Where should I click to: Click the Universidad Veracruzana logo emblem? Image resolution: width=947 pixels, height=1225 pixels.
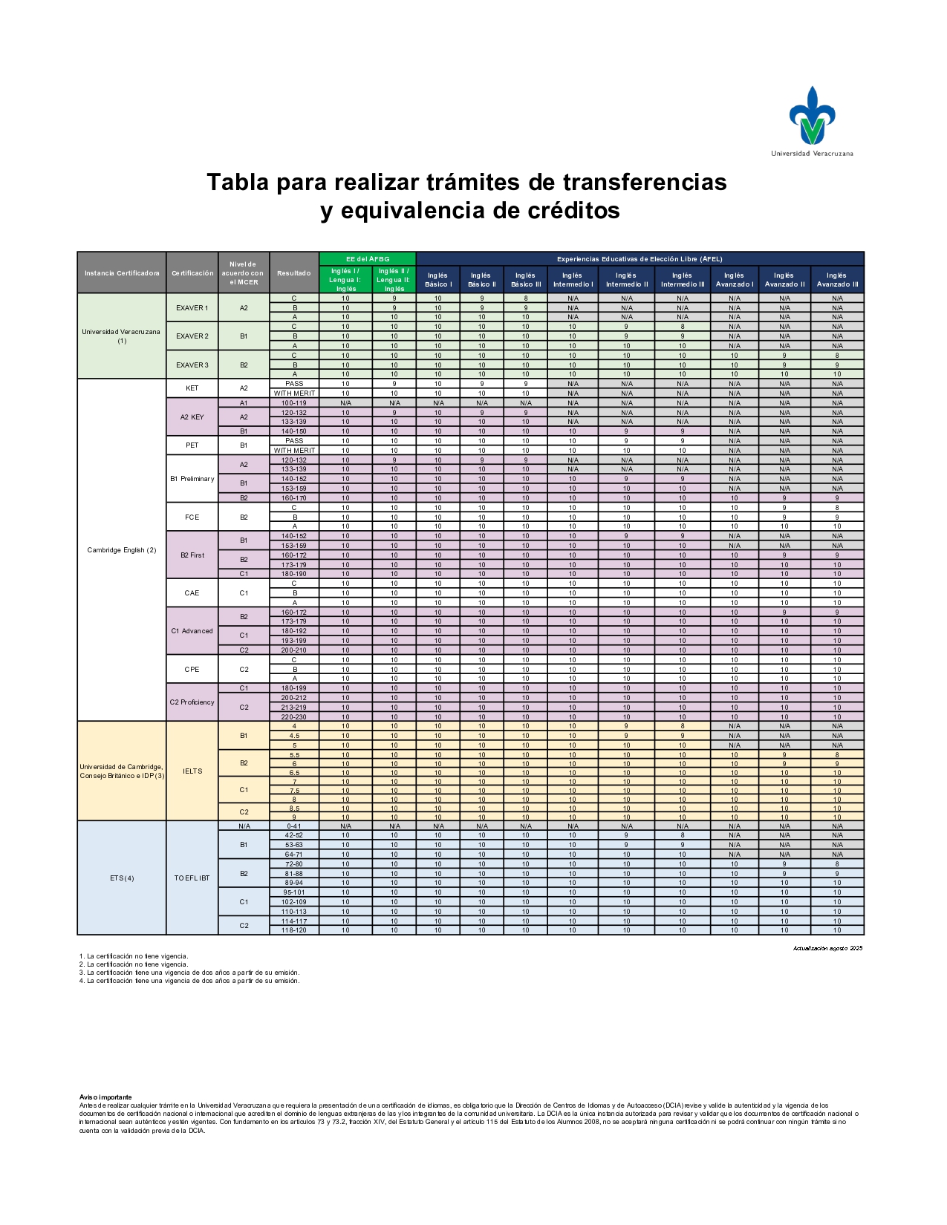[x=812, y=116]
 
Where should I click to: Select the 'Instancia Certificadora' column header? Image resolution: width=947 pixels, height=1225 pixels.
[x=122, y=273]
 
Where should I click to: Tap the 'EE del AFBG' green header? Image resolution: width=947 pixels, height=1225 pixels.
[x=368, y=259]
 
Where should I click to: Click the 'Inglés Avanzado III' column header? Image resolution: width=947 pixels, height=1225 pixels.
[x=837, y=280]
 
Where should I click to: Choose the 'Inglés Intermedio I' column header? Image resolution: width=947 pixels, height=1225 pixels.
[x=573, y=280]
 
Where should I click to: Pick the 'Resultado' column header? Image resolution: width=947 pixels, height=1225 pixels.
[x=294, y=273]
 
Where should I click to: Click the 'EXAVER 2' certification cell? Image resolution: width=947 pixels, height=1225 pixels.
[x=192, y=336]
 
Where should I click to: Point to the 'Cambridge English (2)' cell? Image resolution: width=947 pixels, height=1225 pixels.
[x=122, y=550]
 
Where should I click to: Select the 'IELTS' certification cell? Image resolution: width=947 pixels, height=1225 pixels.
[x=192, y=771]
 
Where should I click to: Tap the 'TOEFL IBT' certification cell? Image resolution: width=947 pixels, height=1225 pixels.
[x=192, y=878]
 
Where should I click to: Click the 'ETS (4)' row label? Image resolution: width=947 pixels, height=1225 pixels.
[x=122, y=878]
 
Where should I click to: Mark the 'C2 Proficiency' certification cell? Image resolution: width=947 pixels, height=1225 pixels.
[x=192, y=702]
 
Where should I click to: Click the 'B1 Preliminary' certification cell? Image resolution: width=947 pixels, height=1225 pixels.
[x=192, y=479]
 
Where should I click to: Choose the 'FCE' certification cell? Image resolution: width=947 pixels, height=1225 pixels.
[x=192, y=517]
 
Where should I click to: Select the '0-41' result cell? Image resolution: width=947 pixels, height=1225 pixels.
[x=294, y=826]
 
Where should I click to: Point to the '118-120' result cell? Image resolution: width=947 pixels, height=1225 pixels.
[x=294, y=930]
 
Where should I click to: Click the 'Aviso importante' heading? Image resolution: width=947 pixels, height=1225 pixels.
[x=105, y=1097]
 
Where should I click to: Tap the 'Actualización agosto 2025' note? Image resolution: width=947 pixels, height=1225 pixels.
[x=827, y=948]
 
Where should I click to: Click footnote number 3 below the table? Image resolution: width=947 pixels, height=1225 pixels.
[x=189, y=973]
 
